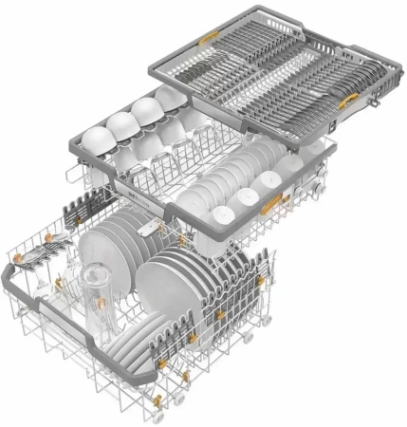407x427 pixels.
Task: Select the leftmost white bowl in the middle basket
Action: point(92,132)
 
